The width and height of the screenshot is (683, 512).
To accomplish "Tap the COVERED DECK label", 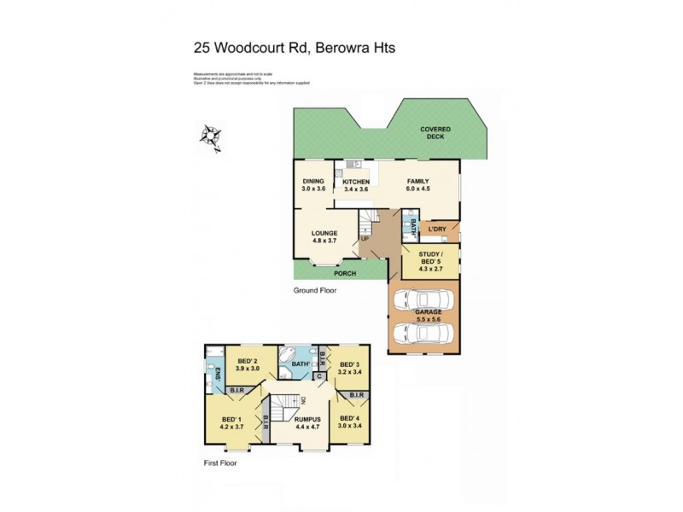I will [435, 132].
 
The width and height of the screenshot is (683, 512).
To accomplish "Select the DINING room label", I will [313, 181].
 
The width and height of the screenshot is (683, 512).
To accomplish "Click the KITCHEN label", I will [355, 181].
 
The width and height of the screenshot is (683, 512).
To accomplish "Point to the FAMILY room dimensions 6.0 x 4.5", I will [417, 189].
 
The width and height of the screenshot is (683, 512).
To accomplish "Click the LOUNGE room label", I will [324, 233].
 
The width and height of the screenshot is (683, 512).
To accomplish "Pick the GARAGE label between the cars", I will [429, 312].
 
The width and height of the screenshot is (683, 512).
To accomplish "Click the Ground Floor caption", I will [315, 290].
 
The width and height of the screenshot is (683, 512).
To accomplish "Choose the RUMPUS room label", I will [306, 419].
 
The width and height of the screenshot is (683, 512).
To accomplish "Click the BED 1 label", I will [232, 419].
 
